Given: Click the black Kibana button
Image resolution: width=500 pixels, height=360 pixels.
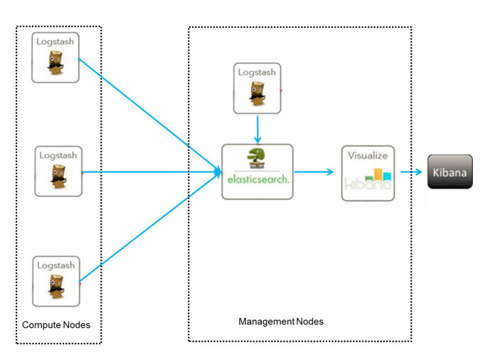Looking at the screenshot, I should coord(450,172).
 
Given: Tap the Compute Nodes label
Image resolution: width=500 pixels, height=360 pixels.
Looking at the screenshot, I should coord(56,325).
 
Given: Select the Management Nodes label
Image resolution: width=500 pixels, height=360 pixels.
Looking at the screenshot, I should coord(280,322).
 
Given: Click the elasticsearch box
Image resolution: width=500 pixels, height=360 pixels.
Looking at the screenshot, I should coord(257,171).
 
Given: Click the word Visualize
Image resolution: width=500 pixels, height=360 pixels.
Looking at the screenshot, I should coord(368,154).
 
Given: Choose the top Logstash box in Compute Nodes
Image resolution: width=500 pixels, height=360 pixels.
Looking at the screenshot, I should coord(55,57).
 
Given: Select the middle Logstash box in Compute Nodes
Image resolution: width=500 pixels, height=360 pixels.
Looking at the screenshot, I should coord(58,171).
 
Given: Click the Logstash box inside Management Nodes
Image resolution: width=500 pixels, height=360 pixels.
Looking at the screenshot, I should coord(257,88).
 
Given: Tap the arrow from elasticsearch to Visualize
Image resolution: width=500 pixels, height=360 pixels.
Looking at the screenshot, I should coord(314,171).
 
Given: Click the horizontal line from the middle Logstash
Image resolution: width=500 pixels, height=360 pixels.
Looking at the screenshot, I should coord(149,171).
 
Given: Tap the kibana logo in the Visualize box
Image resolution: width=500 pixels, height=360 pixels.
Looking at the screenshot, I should coord(368,180).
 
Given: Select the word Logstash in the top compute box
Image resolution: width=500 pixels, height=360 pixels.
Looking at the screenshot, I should coord(55,42).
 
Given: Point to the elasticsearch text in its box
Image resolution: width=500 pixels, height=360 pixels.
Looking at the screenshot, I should coord(257,180).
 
